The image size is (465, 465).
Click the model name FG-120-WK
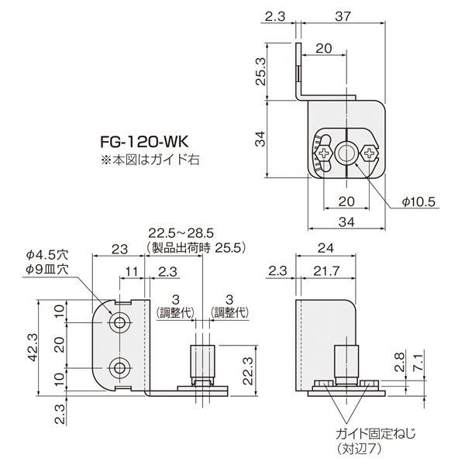pos(144,142)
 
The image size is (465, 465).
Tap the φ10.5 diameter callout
pos(418,202)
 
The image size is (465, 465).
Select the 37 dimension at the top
pos(343,16)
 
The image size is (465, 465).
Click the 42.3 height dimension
pos(32,347)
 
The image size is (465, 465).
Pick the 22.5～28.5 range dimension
pos(181,233)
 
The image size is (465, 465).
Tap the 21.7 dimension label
pos(326,271)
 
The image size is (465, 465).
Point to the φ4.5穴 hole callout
pos(47,254)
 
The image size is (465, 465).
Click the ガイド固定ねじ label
pos(376,434)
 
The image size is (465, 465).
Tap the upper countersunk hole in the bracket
pos(120,322)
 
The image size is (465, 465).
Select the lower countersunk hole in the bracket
pos(120,367)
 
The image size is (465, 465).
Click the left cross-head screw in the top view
pos(323,153)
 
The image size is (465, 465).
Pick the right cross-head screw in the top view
pos(369,153)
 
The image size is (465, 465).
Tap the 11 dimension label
pos(131,272)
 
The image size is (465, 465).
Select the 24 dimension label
pos(325,248)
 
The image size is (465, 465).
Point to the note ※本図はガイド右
pos(150,160)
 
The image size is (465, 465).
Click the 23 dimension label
pos(119,249)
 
